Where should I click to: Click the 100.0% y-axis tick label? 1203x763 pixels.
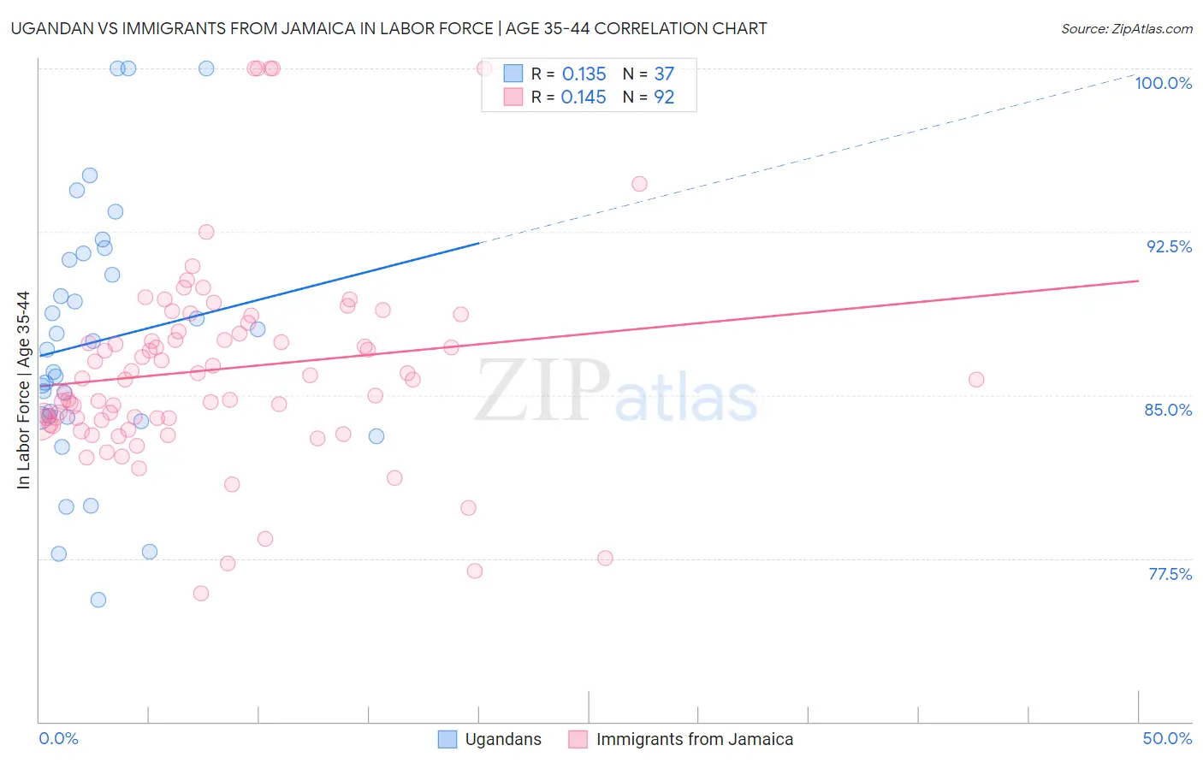[x=1163, y=83]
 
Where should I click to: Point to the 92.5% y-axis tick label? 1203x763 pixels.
[x=1169, y=246]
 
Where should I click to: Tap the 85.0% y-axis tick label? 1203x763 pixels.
[x=1168, y=410]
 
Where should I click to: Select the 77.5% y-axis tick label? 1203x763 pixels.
[x=1170, y=574]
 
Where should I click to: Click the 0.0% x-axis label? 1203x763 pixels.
[x=58, y=738]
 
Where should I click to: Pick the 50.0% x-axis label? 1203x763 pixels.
[x=1167, y=738]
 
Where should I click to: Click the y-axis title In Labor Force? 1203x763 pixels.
[x=23, y=390]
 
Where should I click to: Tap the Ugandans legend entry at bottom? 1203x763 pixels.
[x=490, y=739]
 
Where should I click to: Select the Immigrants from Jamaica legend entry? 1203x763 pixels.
[x=681, y=739]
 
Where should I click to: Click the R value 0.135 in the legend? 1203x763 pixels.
[x=584, y=74]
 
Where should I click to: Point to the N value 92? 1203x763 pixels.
[x=664, y=98]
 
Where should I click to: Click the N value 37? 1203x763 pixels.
[x=664, y=74]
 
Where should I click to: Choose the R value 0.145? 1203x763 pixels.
[x=584, y=98]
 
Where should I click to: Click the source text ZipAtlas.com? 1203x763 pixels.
[x=1126, y=28]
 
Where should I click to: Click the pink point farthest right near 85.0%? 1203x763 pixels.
[x=976, y=379]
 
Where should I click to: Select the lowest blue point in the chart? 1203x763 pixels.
[x=98, y=600]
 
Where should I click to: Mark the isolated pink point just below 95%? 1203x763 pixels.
[x=639, y=184]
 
